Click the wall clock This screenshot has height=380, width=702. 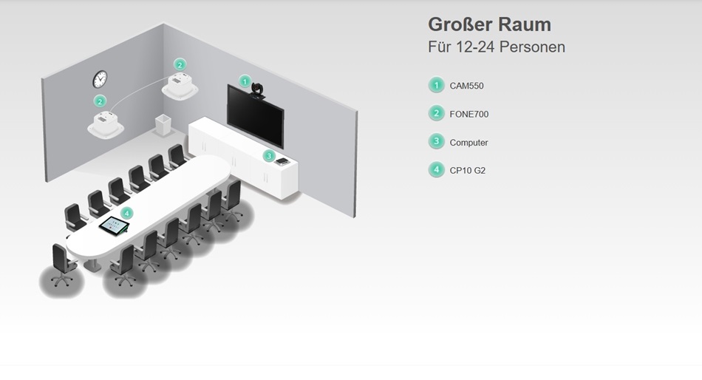click(100, 79)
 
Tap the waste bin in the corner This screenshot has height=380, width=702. click(163, 125)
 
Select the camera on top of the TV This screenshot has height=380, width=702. click(257, 90)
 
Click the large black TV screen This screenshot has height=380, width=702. click(255, 115)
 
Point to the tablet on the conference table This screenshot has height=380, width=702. click(114, 225)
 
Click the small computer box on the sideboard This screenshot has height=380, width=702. click(282, 161)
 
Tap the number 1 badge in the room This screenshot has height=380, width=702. click(245, 81)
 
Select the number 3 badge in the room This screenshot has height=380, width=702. click(269, 156)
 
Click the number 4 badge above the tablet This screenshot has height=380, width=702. click(126, 214)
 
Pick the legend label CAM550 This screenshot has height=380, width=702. click(466, 86)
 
